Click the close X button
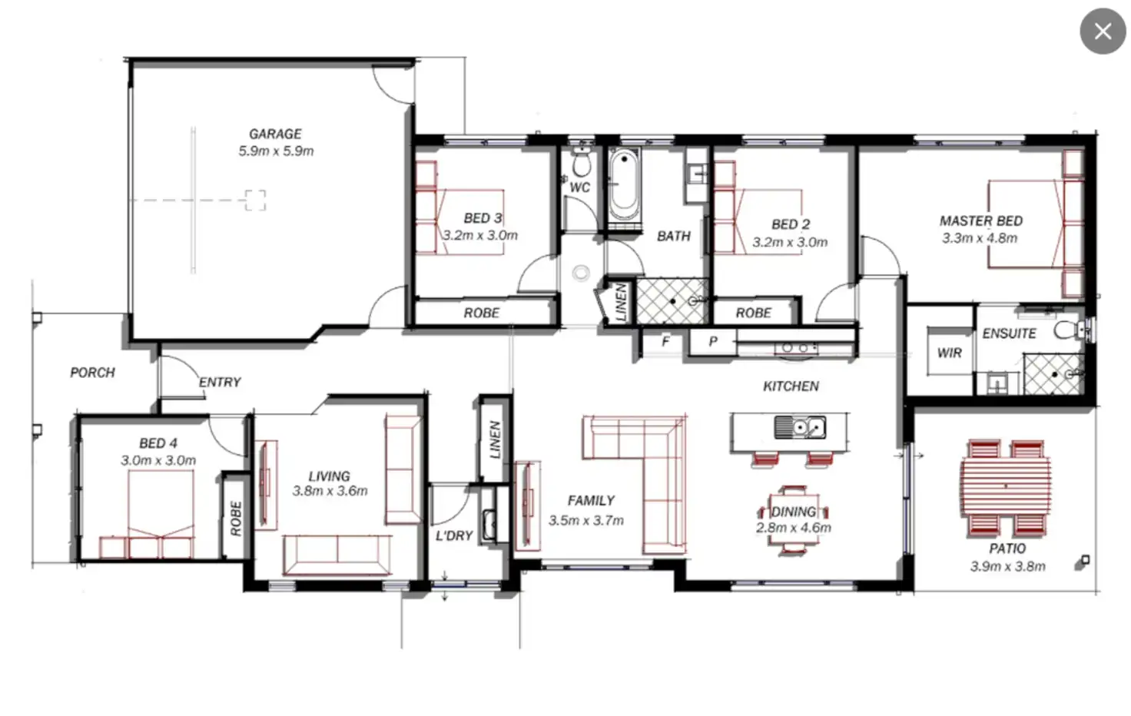[x=1103, y=31]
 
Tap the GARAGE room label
[x=275, y=134]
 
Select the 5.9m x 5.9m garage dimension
[x=276, y=151]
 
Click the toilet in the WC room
[x=581, y=163]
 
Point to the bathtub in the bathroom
[x=623, y=185]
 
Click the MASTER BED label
[x=980, y=220]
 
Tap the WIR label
[x=949, y=353]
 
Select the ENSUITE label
[x=1009, y=333]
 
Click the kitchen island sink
[x=799, y=426]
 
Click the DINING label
[x=793, y=512]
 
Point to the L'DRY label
[x=453, y=535]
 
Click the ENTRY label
[x=220, y=382]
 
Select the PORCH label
[x=92, y=373]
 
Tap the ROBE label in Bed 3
[x=481, y=313]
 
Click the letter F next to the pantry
[x=665, y=341]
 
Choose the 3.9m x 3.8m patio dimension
[x=1007, y=567]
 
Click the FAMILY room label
[x=590, y=501]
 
